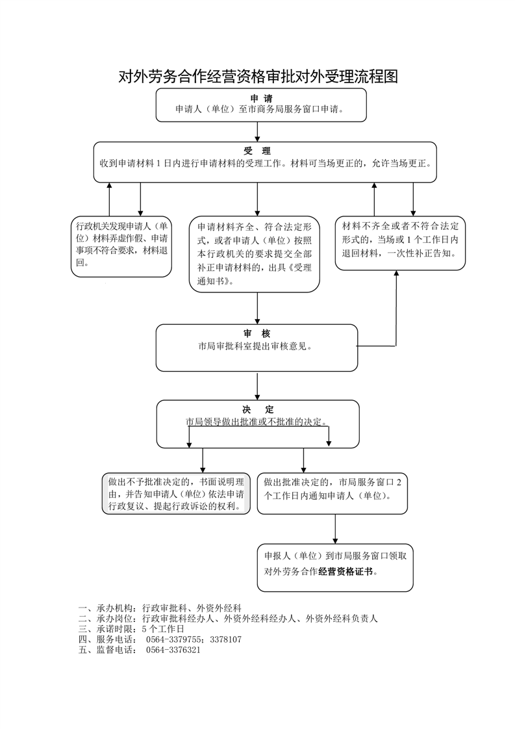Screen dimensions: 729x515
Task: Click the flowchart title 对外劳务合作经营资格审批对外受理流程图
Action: coord(257,77)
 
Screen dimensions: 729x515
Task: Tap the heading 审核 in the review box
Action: coord(257,333)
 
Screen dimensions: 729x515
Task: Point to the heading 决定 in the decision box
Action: coord(258,409)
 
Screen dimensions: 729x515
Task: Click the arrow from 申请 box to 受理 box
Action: coord(258,131)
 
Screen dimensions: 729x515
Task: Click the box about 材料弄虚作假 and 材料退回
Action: coord(121,246)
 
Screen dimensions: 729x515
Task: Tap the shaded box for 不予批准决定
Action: coord(176,494)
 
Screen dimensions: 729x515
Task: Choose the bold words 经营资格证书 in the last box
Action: coord(347,572)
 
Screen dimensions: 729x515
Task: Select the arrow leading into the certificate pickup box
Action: coord(335,528)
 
